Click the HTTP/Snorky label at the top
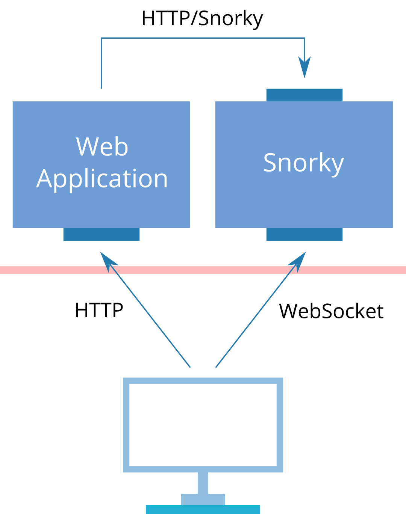[202, 18]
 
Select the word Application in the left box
[102, 179]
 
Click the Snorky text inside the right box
[303, 163]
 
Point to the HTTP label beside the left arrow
[99, 311]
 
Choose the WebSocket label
[331, 311]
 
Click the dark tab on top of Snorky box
[304, 95]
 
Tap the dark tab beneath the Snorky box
[304, 234]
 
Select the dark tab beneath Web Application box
[101, 234]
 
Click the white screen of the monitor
[203, 425]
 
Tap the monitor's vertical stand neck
[203, 483]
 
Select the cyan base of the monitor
[203, 509]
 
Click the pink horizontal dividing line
[203, 270]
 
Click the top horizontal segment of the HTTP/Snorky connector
[203, 38]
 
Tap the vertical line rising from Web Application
[101, 64]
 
